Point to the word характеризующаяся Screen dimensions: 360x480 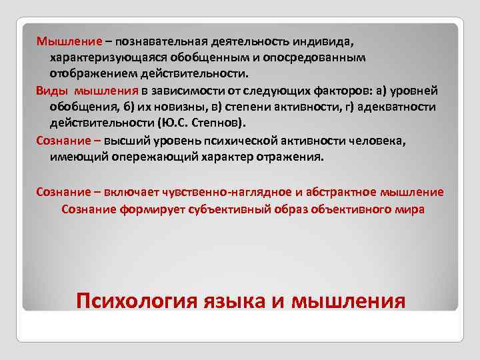click(103, 58)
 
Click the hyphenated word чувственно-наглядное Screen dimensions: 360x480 click(231, 192)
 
